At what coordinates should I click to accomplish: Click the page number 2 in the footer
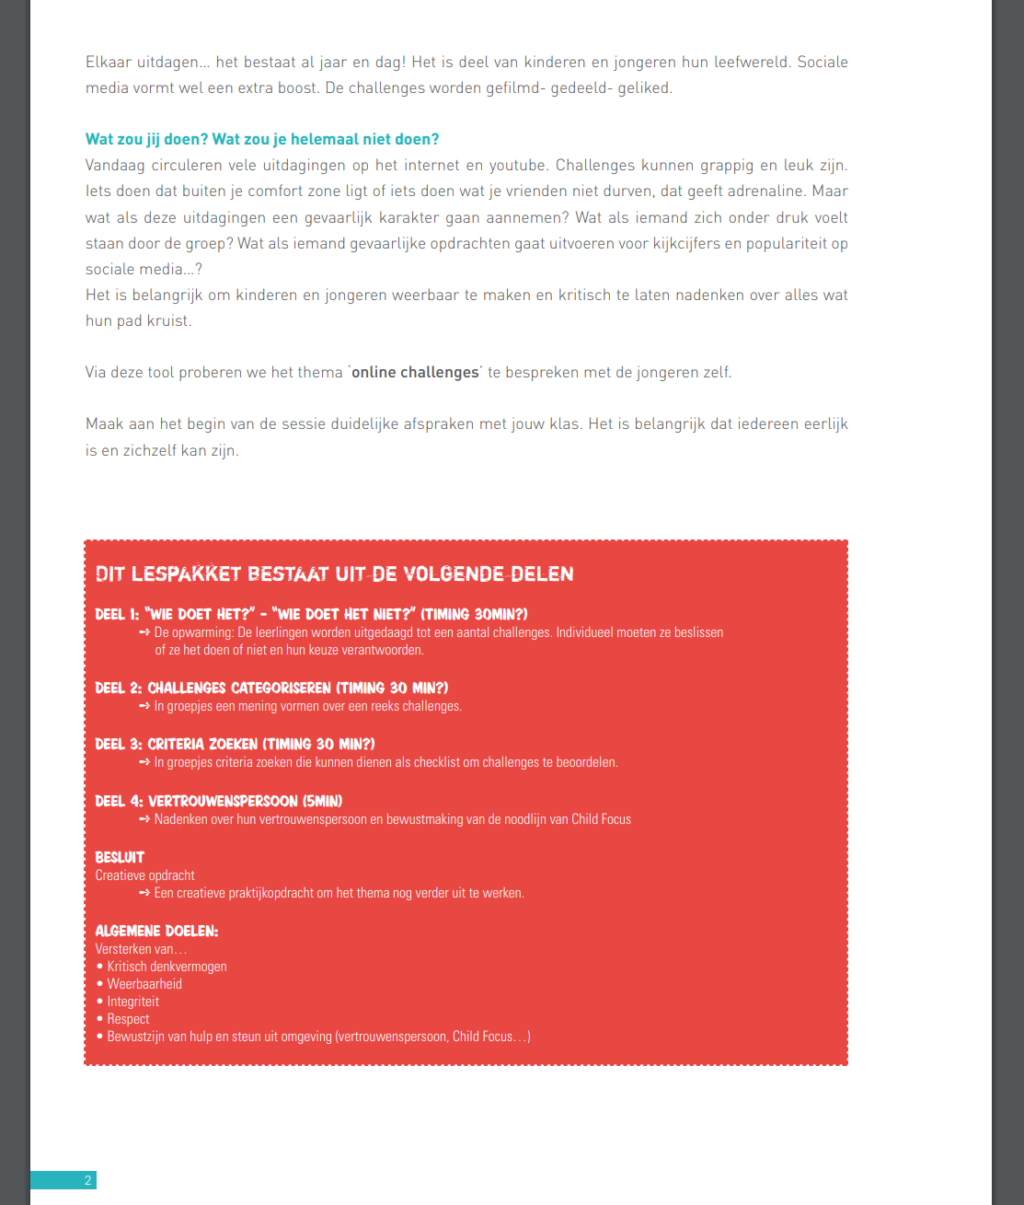87,1180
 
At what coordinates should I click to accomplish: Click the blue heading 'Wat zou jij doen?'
146,139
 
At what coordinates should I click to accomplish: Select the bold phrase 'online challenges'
415,372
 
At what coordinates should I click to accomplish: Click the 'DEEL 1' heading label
117,614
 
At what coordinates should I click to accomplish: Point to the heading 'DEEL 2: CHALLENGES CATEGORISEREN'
271,688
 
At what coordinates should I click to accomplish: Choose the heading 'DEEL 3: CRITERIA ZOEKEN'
235,744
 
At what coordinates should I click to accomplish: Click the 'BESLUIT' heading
120,857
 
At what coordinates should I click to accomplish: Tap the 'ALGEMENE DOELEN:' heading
156,931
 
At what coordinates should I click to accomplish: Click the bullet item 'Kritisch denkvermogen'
167,967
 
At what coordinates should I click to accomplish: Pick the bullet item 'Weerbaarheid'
144,984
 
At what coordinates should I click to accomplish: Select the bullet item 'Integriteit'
132,1002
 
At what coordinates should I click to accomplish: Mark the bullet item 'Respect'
128,1019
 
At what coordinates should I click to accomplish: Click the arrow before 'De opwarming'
144,632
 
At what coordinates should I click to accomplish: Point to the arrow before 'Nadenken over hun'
144,819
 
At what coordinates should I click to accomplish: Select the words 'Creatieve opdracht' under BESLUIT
144,875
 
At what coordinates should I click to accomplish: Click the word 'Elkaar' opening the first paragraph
109,62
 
